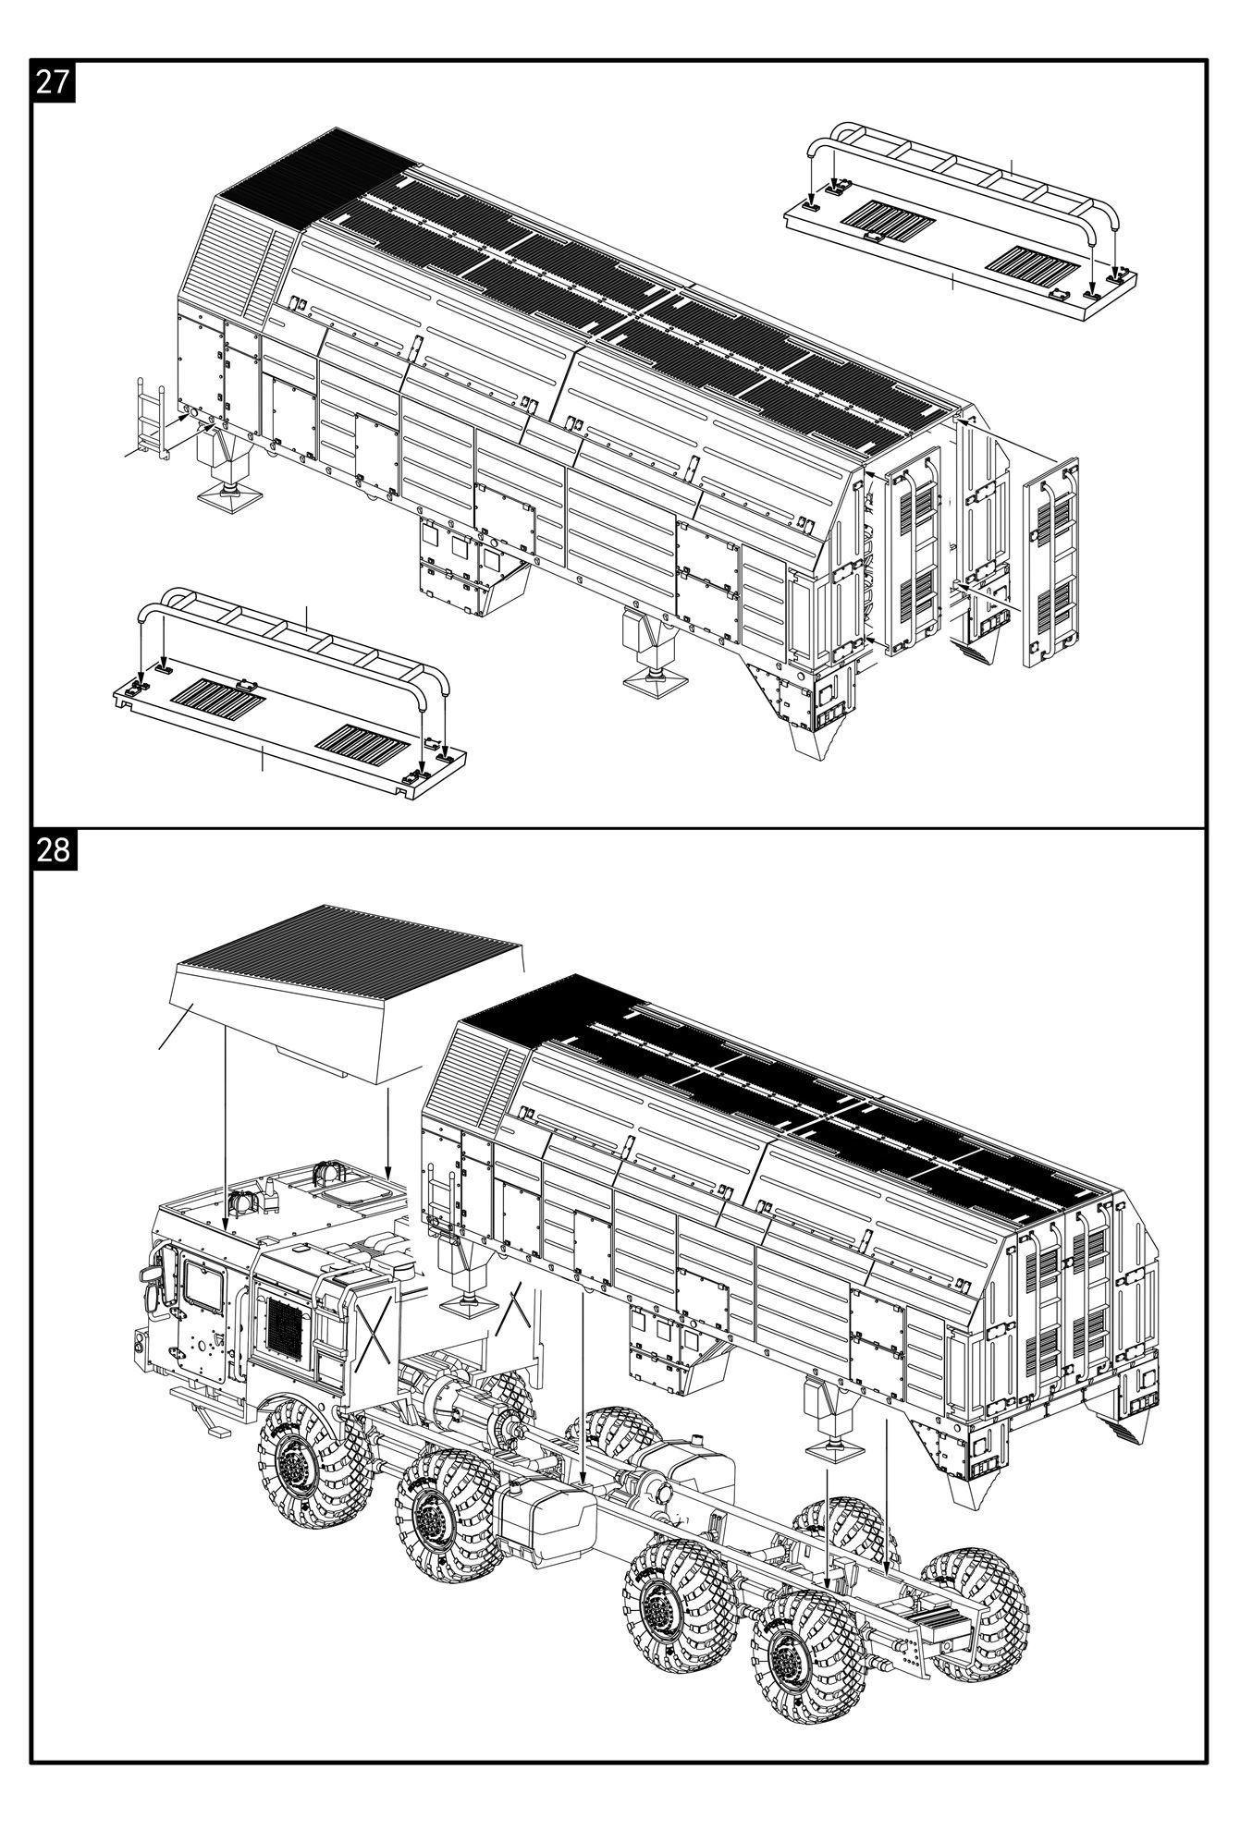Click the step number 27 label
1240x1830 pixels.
click(53, 81)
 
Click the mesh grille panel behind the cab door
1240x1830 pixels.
click(286, 1322)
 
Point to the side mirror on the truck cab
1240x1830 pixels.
click(148, 1274)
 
